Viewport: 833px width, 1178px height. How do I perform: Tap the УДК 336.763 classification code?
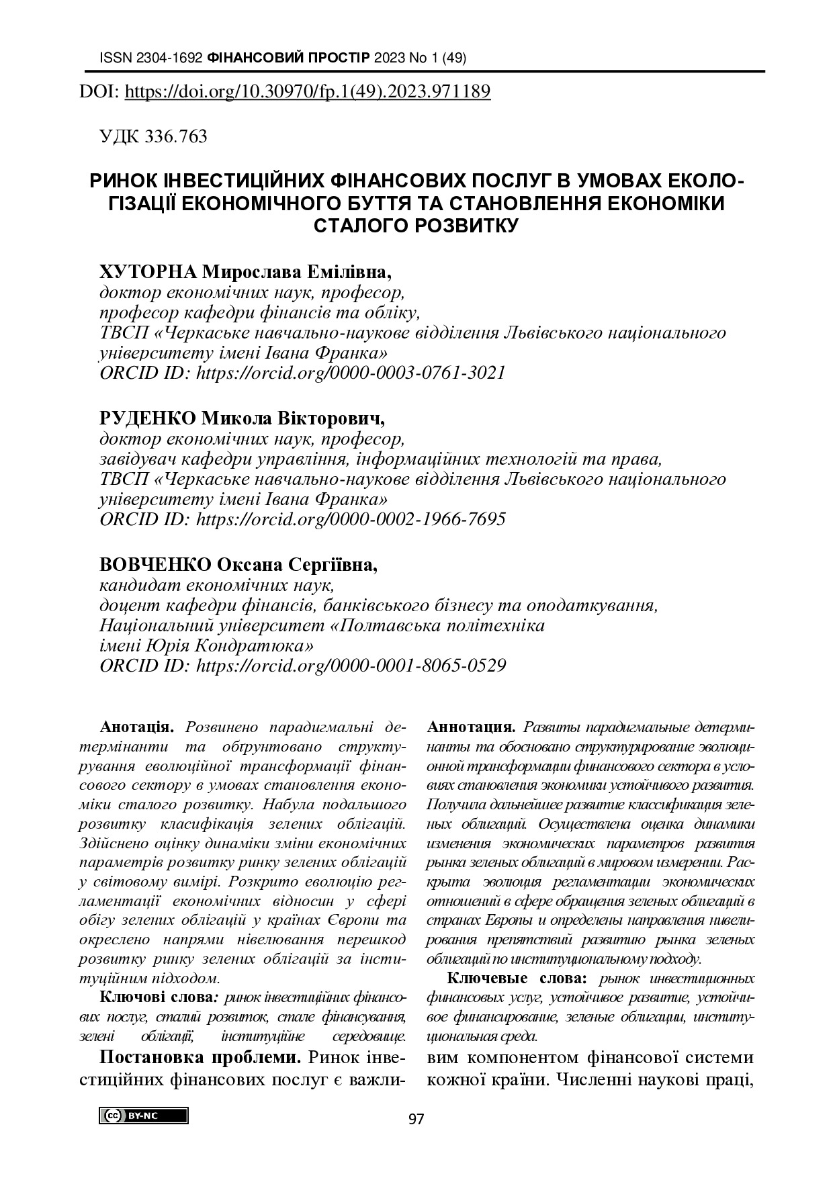point(153,136)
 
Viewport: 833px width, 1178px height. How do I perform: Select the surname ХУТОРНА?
point(148,273)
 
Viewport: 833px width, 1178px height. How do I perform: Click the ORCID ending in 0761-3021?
point(350,373)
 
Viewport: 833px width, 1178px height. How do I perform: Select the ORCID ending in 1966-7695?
point(350,519)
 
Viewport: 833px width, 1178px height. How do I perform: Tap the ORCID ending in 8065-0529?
point(350,666)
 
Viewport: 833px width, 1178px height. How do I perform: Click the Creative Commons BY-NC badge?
point(144,1116)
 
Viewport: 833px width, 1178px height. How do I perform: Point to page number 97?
point(416,1119)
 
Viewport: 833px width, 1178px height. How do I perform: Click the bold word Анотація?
point(137,727)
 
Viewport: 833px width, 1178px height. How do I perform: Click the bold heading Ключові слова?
point(156,997)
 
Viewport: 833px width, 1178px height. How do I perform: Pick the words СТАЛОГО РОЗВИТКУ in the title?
point(416,224)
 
